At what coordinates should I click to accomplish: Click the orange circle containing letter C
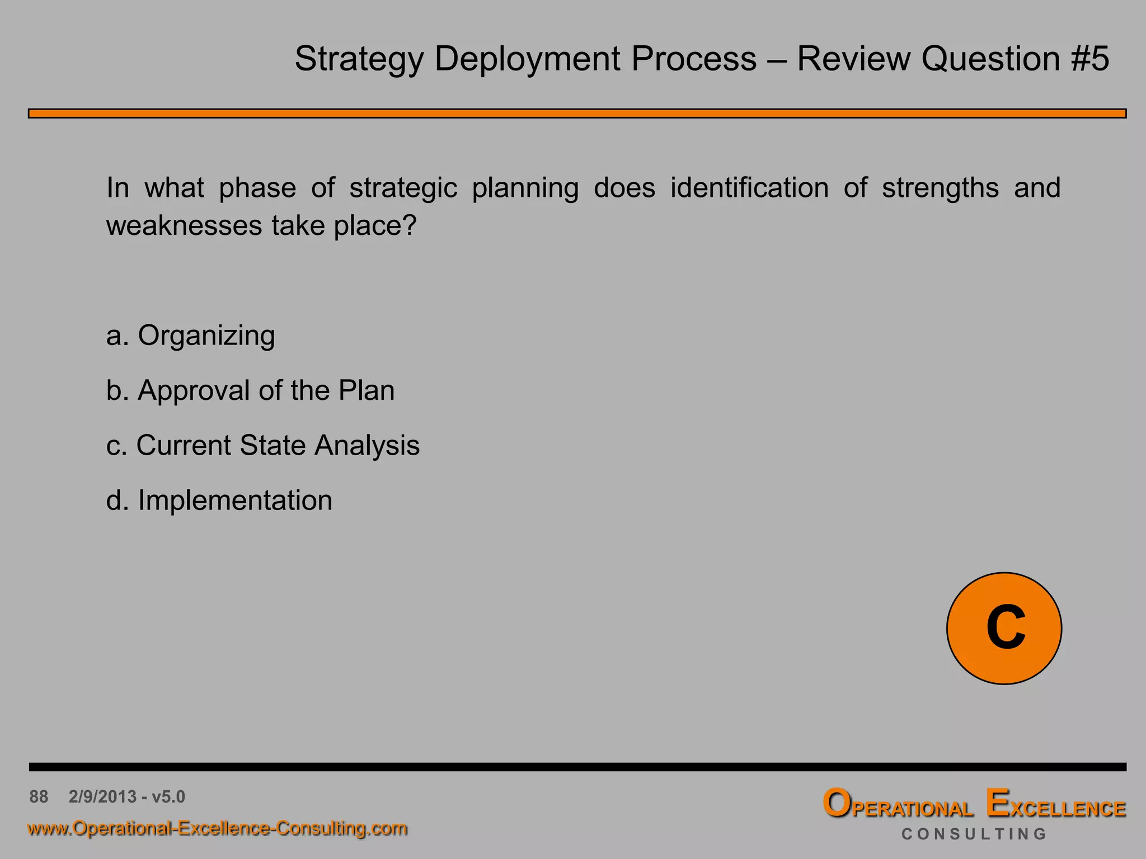point(1004,628)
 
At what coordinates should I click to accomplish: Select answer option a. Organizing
point(191,336)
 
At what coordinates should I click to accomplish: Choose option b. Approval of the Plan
point(250,390)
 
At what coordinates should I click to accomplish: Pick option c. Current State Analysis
point(262,446)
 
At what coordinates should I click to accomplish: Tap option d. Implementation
point(219,500)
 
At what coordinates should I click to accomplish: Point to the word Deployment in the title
point(527,59)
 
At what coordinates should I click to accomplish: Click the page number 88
point(39,796)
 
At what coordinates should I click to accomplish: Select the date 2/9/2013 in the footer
point(102,796)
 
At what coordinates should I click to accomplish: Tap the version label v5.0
point(168,796)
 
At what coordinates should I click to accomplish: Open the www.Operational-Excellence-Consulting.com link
point(217,828)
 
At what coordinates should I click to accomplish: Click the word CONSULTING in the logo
point(974,834)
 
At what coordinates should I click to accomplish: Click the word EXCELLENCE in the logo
point(1055,805)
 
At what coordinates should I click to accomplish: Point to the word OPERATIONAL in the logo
point(898,805)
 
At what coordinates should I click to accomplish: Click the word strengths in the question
point(940,188)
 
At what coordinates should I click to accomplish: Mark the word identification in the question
point(749,188)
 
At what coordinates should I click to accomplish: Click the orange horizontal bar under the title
point(577,114)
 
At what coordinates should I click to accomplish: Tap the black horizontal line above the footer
point(577,767)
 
